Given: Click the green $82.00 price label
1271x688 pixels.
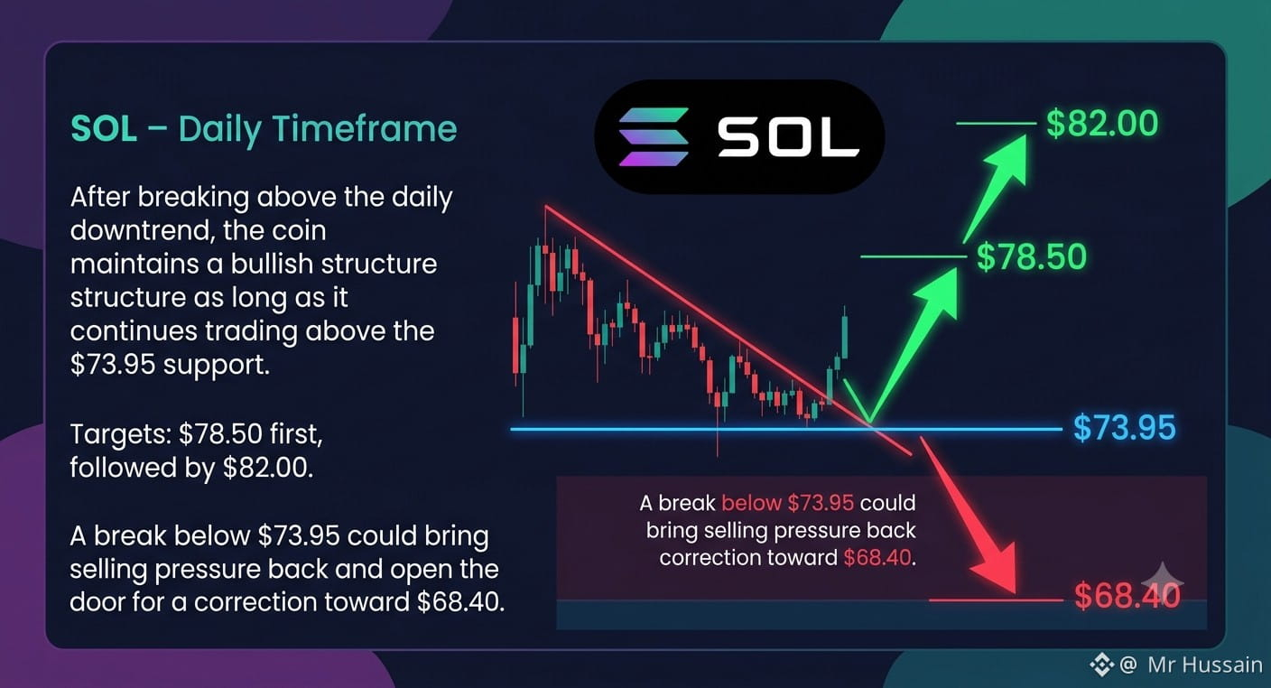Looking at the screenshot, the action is tap(1102, 124).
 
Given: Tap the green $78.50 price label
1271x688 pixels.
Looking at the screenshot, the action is tap(1032, 256).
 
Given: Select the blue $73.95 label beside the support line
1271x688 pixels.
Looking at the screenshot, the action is tap(1124, 428).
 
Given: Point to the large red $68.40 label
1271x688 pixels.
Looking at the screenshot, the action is tap(1127, 596).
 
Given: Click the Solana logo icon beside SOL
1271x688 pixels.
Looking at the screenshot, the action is tap(654, 137).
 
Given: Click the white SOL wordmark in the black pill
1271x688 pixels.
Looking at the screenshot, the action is tap(788, 137).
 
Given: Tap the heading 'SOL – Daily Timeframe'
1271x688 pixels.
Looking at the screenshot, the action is tap(264, 129).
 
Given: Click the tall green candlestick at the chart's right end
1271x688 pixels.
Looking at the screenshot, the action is tap(845, 336).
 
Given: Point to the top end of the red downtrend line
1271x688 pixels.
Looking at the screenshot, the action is tap(545, 206).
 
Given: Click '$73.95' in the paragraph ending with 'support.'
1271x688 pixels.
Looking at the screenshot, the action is tap(113, 365).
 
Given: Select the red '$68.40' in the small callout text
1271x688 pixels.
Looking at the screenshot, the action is tap(877, 557).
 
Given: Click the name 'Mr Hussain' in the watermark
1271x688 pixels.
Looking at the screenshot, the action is tap(1204, 665).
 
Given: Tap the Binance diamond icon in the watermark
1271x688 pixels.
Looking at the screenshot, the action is tap(1102, 665).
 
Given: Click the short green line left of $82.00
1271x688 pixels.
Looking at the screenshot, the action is tap(997, 123).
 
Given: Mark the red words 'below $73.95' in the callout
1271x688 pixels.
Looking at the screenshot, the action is tap(787, 503).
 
